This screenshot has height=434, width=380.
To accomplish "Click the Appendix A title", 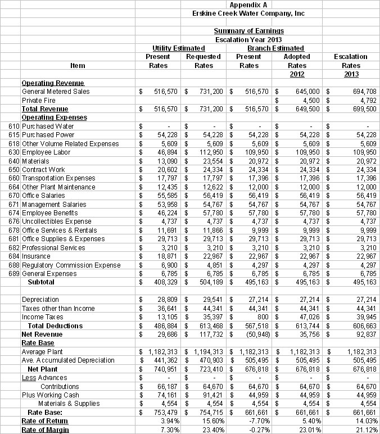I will (x=248, y=4).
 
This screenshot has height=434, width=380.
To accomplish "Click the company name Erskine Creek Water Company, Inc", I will (x=248, y=13).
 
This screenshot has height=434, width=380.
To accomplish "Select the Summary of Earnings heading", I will (x=248, y=30).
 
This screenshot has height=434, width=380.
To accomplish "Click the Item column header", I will (x=78, y=65).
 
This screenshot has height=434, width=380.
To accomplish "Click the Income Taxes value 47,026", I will (x=309, y=317).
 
